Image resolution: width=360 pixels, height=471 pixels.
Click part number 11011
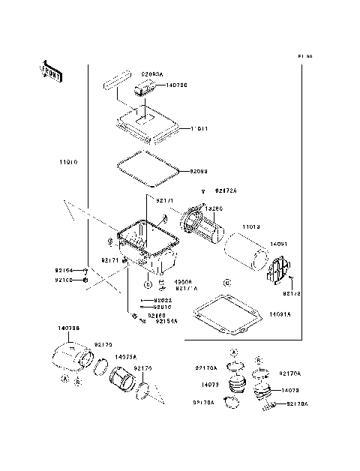(199, 128)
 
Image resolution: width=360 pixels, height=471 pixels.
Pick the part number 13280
(215, 208)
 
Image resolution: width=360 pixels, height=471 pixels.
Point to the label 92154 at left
(64, 269)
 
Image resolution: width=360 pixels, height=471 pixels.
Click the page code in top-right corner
(304, 56)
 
